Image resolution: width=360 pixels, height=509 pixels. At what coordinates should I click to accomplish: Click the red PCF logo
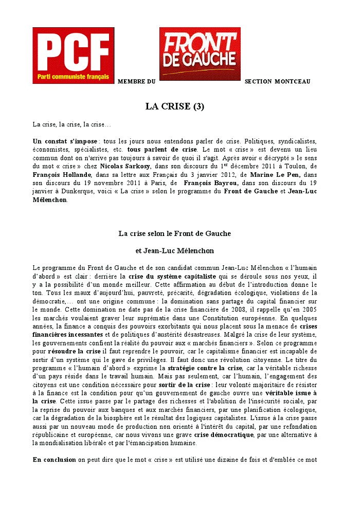point(73,56)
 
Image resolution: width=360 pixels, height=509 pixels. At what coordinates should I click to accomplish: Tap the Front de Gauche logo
point(200,53)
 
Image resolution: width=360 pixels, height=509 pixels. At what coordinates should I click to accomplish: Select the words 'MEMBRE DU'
point(136,82)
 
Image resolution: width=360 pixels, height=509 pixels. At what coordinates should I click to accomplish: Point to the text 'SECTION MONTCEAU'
point(277,82)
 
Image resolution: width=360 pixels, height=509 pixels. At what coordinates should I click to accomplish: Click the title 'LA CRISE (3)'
point(175,107)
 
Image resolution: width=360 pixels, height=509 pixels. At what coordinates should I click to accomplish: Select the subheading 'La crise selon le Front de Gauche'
point(175,233)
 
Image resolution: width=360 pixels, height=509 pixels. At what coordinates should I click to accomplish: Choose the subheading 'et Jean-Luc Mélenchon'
point(175,251)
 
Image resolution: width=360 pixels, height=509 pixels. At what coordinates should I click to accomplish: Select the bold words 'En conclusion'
point(54,460)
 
